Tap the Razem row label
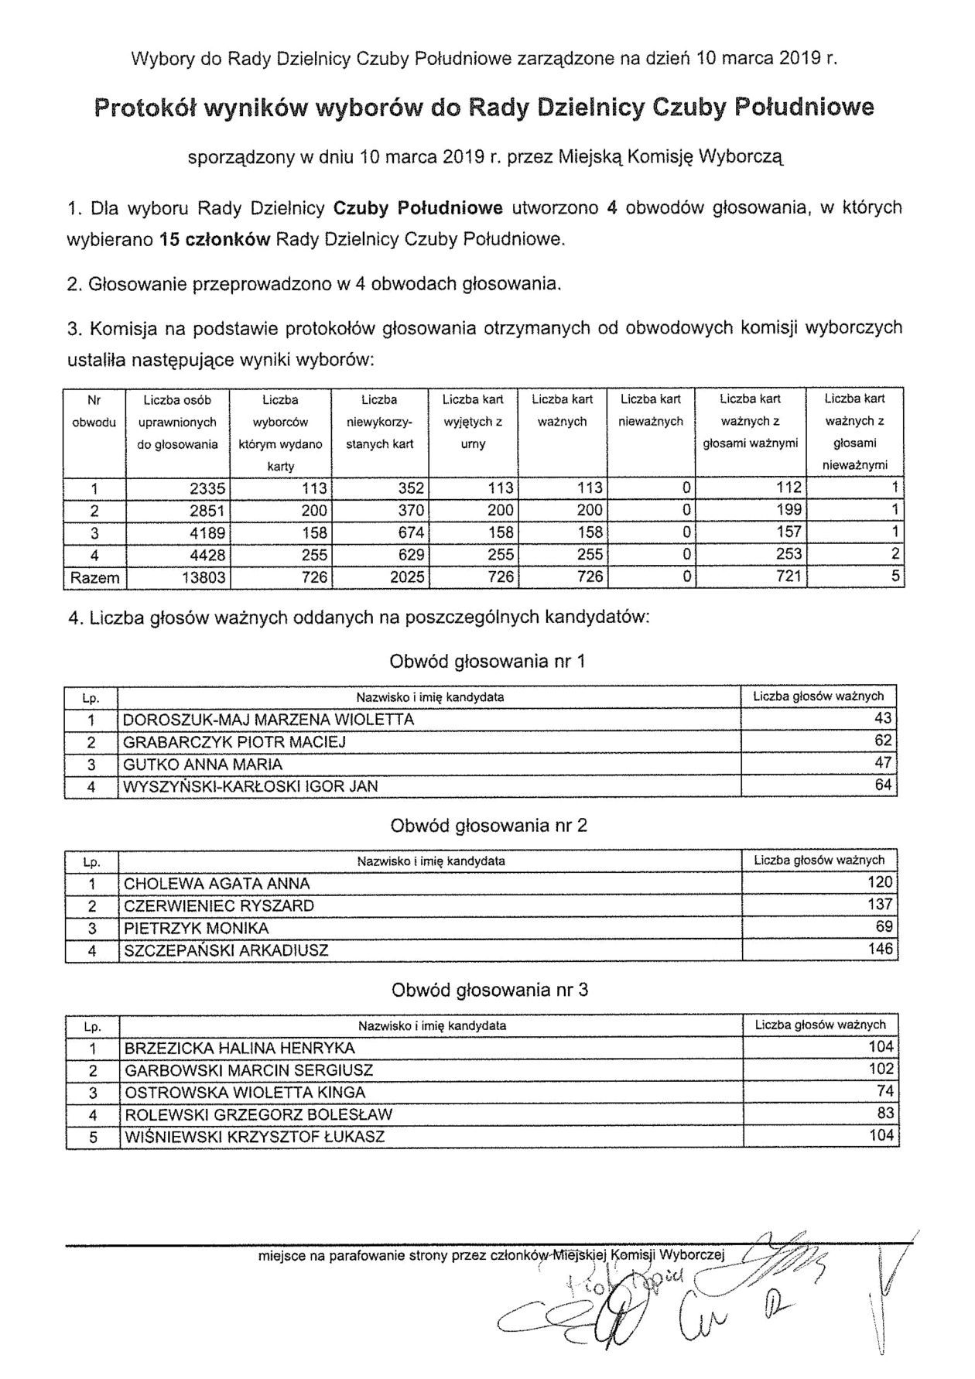[x=94, y=577]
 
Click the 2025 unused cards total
[x=403, y=577]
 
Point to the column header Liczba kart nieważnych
[x=651, y=411]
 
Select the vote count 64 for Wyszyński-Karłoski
[x=883, y=786]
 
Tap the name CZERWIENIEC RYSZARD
[x=219, y=905]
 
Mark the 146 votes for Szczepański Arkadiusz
[x=880, y=950]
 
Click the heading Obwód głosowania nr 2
[x=488, y=826]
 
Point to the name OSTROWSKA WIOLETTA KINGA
[x=245, y=1093]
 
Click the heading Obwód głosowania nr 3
[x=489, y=990]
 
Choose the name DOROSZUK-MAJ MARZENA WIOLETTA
[x=269, y=720]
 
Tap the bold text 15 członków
[x=214, y=240]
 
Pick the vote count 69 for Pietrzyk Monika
[x=884, y=927]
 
